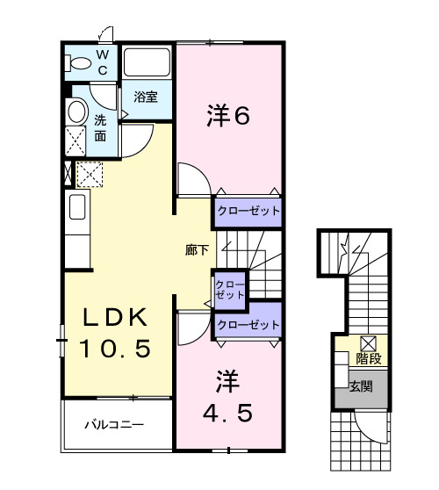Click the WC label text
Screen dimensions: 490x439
103,62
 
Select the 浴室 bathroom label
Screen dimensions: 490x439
146,97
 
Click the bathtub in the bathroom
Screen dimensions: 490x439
146,62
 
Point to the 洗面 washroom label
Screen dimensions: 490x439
101,127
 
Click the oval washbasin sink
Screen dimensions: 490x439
76,112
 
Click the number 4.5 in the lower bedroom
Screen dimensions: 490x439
229,411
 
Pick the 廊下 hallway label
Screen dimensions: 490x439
198,250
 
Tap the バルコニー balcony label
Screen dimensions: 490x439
114,425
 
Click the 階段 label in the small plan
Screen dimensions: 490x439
368,358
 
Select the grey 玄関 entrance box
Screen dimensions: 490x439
361,387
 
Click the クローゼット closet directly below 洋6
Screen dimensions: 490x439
248,212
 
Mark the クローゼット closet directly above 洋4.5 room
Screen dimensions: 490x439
248,325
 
